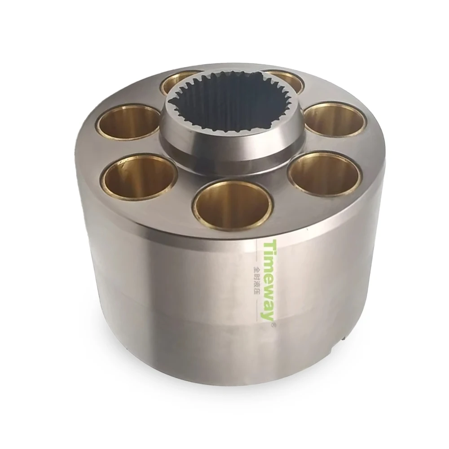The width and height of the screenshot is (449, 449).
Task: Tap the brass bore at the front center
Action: pyautogui.click(x=233, y=204)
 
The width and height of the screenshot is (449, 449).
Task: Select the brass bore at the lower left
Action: pyautogui.click(x=140, y=176)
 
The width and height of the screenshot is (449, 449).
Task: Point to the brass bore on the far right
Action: pyautogui.click(x=335, y=120)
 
